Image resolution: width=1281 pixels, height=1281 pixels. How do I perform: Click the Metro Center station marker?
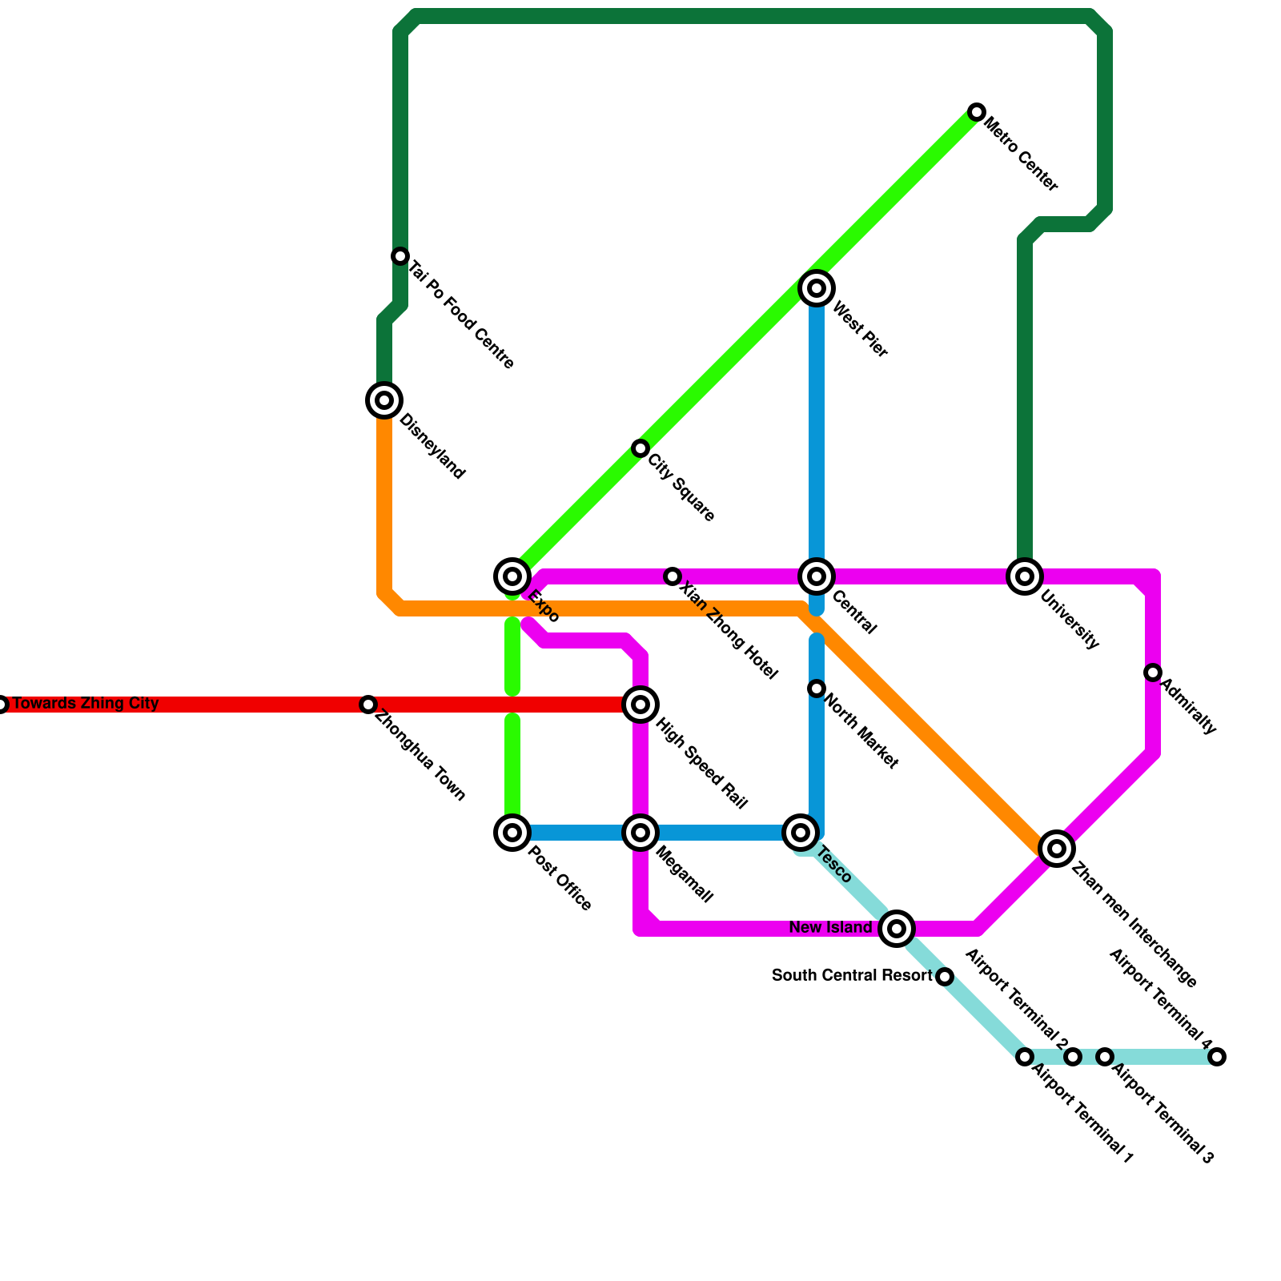976,112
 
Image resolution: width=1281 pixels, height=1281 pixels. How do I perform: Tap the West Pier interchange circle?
817,288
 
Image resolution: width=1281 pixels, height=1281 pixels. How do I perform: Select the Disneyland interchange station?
384,400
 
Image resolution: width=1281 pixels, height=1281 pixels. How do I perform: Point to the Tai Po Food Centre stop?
400,256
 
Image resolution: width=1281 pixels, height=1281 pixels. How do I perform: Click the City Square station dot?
640,448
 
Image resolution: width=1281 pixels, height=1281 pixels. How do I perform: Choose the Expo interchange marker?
512,576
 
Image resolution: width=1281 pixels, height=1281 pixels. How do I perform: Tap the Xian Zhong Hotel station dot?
673,576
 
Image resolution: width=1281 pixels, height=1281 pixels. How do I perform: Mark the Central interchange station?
817,576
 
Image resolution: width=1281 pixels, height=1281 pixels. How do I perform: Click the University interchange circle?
1025,576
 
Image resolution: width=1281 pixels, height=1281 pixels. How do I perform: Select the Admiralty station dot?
1153,673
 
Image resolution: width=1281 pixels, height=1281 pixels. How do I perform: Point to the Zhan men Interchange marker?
1057,849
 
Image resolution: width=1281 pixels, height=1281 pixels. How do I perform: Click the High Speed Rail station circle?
640,705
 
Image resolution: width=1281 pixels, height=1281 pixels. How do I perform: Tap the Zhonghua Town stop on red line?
368,705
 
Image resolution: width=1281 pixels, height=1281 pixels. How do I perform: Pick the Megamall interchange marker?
640,833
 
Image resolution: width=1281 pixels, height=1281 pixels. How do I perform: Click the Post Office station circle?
512,833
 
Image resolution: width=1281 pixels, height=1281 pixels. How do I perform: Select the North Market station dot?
817,689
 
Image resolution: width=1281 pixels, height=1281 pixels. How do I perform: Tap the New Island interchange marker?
897,929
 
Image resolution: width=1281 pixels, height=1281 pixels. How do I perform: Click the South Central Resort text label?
852,976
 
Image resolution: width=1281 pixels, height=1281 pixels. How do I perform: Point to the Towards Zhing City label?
86,704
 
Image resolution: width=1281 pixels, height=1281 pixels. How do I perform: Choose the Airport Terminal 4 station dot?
1217,1057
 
